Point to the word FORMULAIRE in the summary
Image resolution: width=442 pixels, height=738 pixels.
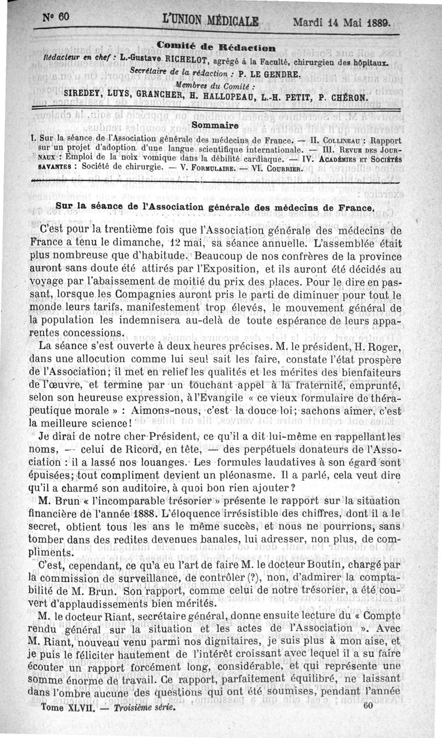[209, 166]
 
